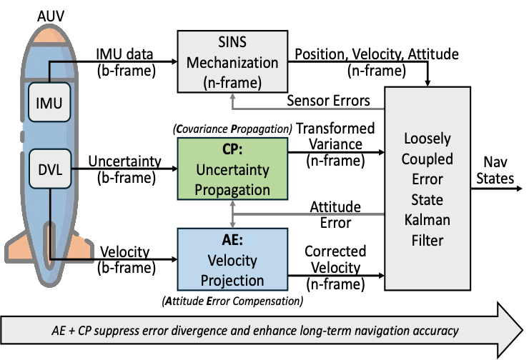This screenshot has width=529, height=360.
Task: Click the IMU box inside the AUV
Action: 49,104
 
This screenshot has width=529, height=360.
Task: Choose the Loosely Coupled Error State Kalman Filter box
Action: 425,187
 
